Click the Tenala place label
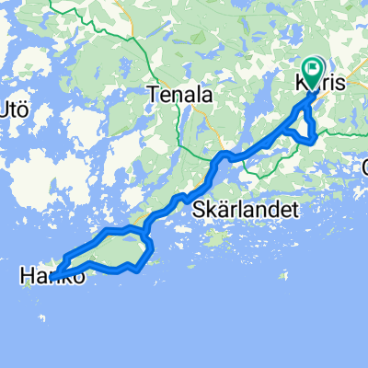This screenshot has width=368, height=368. click(181, 94)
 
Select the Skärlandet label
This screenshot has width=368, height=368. click(247, 211)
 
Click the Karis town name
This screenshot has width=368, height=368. click(322, 83)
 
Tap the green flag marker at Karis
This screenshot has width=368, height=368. click(313, 68)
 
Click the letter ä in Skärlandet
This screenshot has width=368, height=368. click(220, 211)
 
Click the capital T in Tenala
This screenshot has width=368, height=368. click(154, 94)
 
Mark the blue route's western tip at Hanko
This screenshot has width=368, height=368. click(52, 277)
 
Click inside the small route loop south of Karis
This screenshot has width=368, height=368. click(306, 129)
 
